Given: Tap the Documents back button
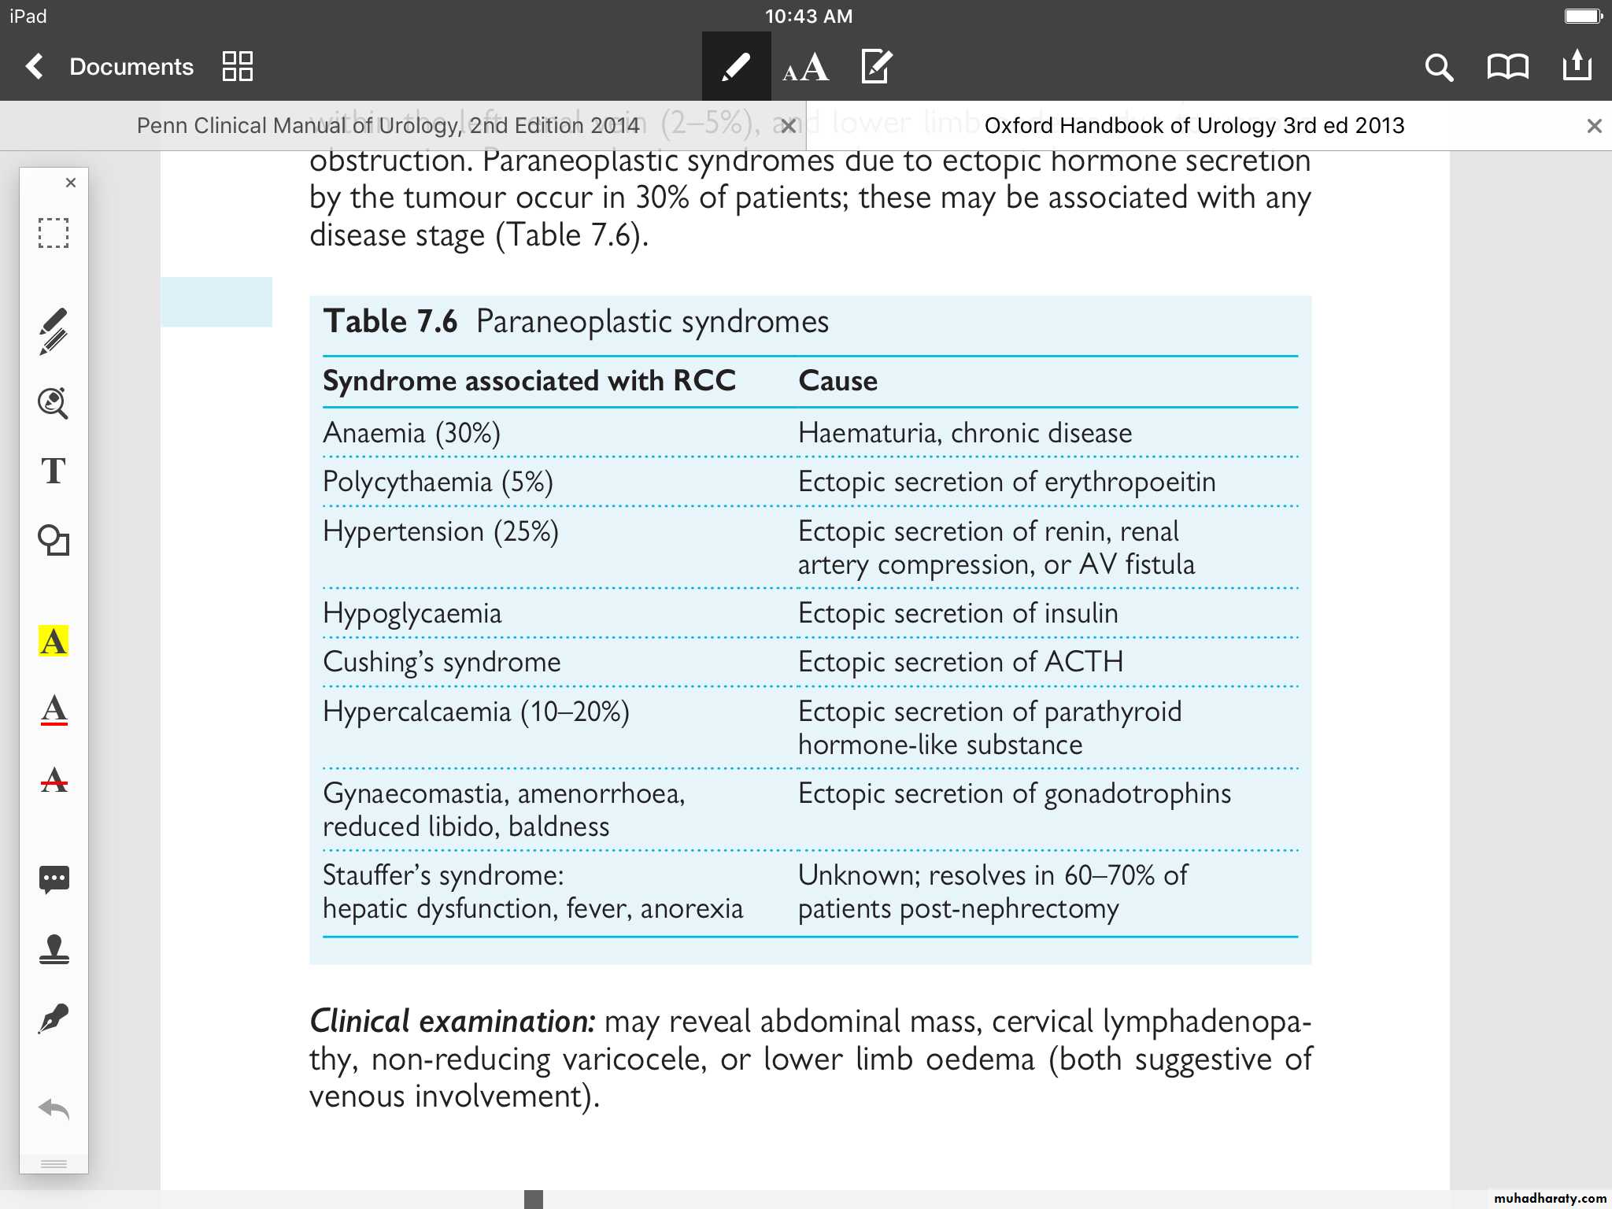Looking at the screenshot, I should (x=110, y=67).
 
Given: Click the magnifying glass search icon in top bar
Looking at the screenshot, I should (x=1438, y=68).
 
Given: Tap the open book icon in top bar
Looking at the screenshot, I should (x=1507, y=68).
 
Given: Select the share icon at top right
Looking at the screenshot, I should (x=1577, y=66).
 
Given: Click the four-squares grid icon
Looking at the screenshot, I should (x=237, y=67).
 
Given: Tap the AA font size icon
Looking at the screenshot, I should (x=805, y=68).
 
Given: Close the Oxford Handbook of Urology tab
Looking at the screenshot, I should (x=1594, y=126).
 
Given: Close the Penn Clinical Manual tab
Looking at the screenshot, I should (x=788, y=126).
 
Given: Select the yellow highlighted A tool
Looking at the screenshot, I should (x=54, y=641).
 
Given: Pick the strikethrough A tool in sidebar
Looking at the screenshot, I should (x=54, y=780).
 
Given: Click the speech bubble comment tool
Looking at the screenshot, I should (x=54, y=878).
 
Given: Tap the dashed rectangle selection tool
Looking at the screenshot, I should (x=54, y=233).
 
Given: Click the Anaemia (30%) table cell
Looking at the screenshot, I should (x=412, y=434).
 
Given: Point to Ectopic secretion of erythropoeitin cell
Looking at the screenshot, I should (x=1007, y=482).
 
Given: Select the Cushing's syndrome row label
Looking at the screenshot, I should (x=442, y=662).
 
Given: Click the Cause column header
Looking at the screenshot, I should (x=837, y=381).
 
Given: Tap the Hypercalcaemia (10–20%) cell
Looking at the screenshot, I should (x=476, y=712).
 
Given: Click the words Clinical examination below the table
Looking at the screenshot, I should (x=452, y=1022).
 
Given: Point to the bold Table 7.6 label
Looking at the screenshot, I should (x=390, y=322).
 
